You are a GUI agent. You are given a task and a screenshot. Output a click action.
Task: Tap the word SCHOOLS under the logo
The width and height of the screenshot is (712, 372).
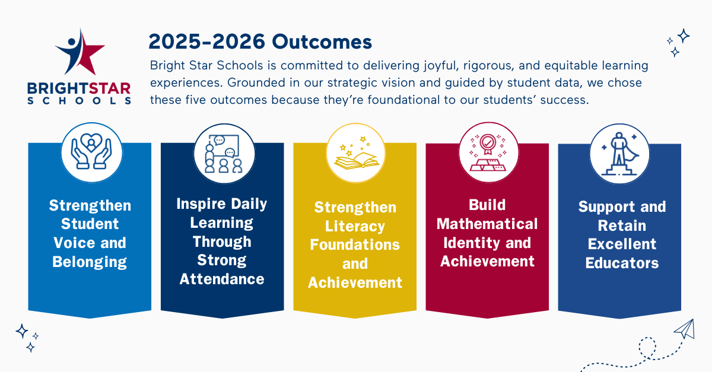79,101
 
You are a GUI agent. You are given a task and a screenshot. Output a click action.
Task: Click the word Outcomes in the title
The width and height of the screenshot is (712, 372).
322,42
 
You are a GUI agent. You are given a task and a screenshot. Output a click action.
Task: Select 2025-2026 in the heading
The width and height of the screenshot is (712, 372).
206,42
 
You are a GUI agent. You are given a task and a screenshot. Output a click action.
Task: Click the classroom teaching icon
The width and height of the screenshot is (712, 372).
224,154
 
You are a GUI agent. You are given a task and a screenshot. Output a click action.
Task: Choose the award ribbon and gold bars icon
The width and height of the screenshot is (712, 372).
488,152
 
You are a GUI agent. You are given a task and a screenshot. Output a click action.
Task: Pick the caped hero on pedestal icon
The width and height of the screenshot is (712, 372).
619,154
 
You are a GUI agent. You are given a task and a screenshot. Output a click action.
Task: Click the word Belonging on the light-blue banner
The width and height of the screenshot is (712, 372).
90,262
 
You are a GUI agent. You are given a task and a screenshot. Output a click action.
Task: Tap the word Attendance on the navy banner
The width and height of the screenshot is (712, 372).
222,279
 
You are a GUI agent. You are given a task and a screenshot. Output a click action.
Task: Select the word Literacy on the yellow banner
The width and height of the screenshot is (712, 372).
355,227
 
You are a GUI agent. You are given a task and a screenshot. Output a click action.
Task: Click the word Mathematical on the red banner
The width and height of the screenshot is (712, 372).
487,224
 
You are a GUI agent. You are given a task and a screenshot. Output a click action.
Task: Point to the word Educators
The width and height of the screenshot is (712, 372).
622,263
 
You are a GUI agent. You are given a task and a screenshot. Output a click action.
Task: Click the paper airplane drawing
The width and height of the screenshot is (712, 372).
684,329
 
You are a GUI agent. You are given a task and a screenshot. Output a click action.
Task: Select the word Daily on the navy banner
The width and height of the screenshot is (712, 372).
249,204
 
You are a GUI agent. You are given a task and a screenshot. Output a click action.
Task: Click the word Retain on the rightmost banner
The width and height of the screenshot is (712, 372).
622,225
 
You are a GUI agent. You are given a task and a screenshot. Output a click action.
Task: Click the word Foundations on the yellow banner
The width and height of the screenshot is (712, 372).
355,245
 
